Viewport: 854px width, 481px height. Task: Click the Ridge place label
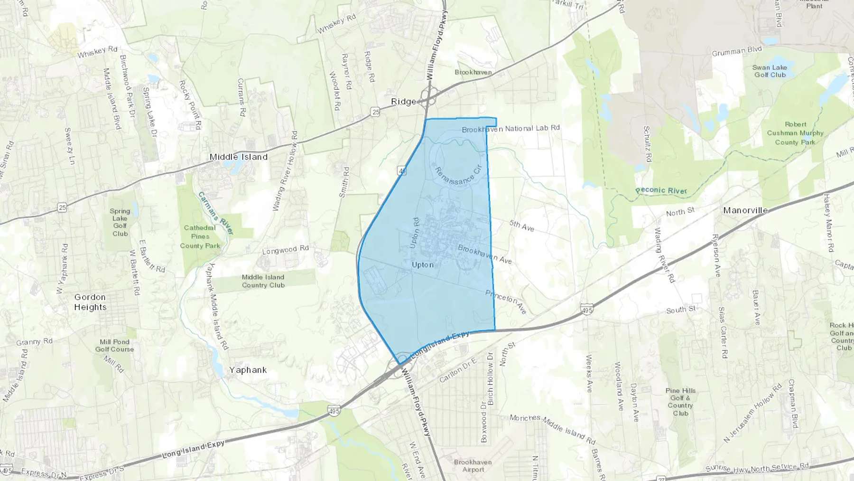click(403, 102)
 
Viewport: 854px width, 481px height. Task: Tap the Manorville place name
click(745, 210)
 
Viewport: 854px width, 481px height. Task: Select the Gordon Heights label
click(90, 302)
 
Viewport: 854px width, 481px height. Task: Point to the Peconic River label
click(661, 190)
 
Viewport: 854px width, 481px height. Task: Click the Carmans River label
click(216, 213)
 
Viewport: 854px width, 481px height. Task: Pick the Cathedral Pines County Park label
click(200, 236)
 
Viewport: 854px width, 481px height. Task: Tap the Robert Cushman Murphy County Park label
click(795, 133)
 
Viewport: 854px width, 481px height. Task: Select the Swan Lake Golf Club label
click(770, 71)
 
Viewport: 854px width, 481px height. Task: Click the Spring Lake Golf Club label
click(120, 222)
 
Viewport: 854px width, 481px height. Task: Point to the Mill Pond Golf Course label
click(114, 345)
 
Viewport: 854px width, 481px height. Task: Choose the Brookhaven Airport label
click(473, 465)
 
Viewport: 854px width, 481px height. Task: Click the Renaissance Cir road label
click(458, 175)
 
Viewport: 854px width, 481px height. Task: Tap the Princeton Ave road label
click(506, 302)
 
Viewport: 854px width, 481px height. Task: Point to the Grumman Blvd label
click(736, 51)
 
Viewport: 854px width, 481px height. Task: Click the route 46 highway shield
click(402, 171)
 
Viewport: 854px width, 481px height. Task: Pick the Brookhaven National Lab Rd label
click(511, 129)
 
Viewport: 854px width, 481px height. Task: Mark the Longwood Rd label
click(286, 250)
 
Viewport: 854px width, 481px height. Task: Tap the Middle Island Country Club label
click(263, 281)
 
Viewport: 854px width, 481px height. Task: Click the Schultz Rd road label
click(647, 144)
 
